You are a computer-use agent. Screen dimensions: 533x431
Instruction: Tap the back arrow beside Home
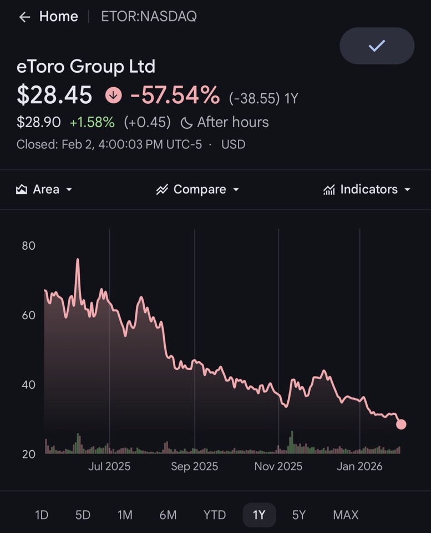coord(24,17)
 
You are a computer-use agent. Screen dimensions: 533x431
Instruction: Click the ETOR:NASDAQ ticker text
coord(149,17)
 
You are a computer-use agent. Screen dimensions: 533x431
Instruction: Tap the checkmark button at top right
coord(377,46)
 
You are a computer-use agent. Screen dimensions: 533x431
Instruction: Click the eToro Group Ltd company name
coord(86,67)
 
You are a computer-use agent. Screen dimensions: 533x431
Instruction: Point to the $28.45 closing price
coord(54,95)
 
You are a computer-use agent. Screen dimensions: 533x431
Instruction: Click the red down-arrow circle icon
coord(113,95)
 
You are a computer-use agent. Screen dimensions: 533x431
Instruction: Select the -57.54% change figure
coord(175,95)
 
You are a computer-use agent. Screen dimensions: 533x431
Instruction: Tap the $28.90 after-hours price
coord(38,122)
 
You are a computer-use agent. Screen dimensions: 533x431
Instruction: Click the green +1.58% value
coord(92,122)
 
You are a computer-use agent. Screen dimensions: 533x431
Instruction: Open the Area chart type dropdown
coord(45,189)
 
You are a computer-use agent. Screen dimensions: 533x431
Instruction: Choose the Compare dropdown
coord(198,189)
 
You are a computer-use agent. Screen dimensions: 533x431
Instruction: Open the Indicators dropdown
coord(367,189)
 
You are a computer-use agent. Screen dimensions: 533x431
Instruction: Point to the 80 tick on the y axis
coord(29,246)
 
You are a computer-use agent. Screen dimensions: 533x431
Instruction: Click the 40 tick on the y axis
coord(29,385)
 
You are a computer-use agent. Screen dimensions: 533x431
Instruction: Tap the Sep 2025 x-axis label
coord(195,466)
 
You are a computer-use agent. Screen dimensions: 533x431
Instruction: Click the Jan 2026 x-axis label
coord(359,466)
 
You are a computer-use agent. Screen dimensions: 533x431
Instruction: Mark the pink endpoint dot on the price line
coord(401,424)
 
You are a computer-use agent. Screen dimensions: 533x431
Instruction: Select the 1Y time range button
coord(259,515)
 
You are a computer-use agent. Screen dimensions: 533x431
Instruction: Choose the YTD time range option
coord(214,515)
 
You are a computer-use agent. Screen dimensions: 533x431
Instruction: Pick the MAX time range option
coord(346,515)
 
